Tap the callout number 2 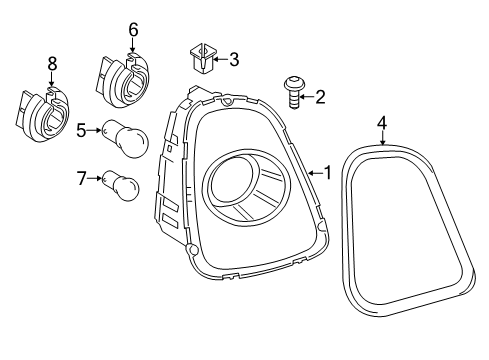pos(320,97)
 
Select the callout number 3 pos(233,60)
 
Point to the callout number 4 pos(381,123)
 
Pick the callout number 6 pos(133,30)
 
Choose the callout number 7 pos(82,179)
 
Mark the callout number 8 pos(52,65)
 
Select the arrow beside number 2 pos(308,97)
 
